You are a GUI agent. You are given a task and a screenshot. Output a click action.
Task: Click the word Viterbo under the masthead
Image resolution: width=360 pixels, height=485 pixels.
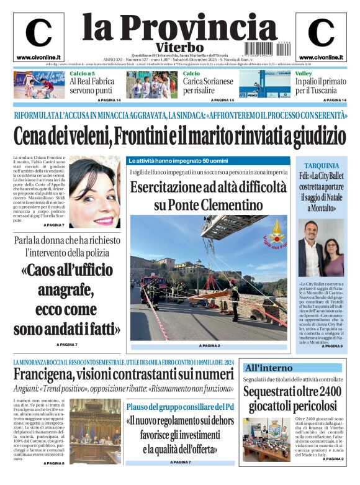pyautogui.click(x=180, y=47)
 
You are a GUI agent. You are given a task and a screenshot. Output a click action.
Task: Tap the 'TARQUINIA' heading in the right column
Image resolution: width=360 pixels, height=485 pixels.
pyautogui.click(x=322, y=166)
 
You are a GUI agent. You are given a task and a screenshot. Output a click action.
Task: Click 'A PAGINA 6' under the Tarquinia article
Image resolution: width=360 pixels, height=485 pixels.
pyautogui.click(x=332, y=345)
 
